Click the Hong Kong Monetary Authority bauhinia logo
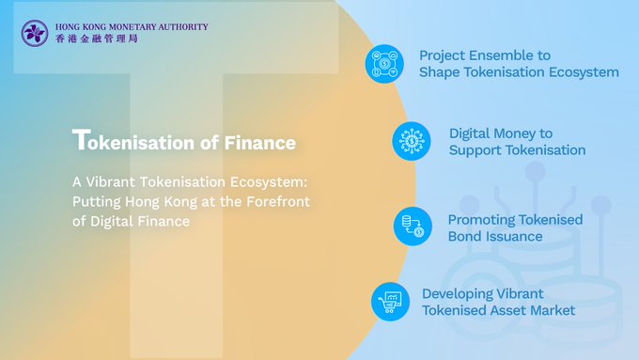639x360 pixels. click(x=35, y=33)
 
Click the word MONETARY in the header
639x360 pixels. click(x=132, y=27)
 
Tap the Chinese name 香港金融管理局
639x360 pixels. click(x=97, y=39)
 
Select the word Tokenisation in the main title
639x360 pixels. click(x=133, y=140)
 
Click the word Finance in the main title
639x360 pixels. click(x=260, y=143)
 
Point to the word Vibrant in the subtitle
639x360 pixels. click(x=110, y=181)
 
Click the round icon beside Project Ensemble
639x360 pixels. click(x=384, y=64)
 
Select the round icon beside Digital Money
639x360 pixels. click(x=412, y=141)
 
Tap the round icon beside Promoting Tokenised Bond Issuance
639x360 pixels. click(x=413, y=227)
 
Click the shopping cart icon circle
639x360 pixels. click(x=390, y=302)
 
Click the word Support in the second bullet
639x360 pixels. click(x=473, y=150)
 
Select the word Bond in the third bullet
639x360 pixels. click(x=462, y=237)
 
